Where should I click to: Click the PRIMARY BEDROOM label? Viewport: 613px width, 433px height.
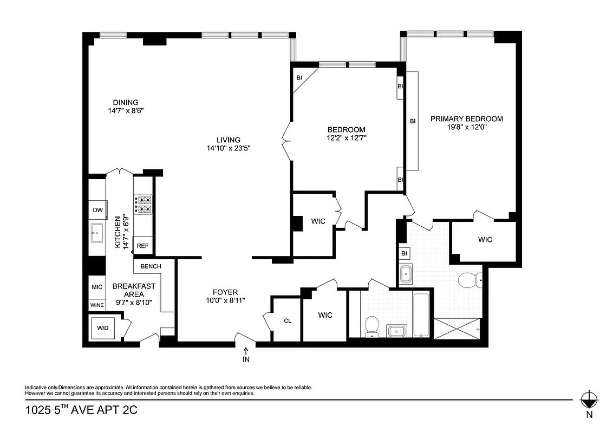[x=466, y=119]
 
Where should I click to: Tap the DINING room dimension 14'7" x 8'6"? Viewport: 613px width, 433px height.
[x=126, y=110]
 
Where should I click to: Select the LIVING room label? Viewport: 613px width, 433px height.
[x=228, y=140]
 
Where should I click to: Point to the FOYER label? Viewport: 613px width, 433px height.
[x=225, y=292]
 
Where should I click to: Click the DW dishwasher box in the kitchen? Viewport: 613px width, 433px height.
[x=97, y=211]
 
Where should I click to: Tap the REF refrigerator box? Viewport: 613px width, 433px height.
[x=142, y=246]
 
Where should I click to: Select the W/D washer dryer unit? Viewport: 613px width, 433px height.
[x=102, y=328]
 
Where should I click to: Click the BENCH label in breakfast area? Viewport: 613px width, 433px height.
[x=151, y=266]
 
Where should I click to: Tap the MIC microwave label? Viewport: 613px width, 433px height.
[x=97, y=287]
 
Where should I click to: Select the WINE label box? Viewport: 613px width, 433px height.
[x=97, y=305]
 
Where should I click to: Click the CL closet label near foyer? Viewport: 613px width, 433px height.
[x=288, y=320]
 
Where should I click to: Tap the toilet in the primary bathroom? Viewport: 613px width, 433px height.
[x=467, y=280]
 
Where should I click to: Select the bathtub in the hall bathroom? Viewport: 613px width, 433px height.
[x=421, y=314]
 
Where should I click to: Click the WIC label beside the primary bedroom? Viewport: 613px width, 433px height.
[x=485, y=239]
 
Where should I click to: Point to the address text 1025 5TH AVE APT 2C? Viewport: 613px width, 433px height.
[x=81, y=411]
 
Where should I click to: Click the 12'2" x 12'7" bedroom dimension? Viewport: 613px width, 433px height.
[x=346, y=139]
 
